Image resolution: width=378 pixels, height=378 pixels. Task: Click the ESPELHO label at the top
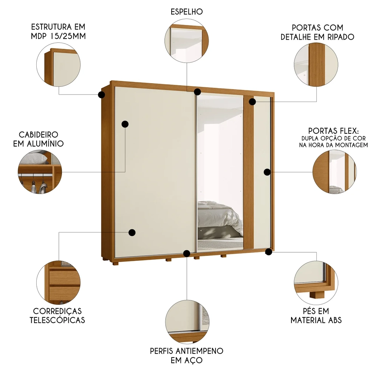[x=186, y=12]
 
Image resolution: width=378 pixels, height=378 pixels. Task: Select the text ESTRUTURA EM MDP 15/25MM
[x=58, y=32]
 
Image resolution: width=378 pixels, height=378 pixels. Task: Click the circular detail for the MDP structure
[x=58, y=65]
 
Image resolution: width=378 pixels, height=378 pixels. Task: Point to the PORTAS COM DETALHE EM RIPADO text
[x=322, y=32]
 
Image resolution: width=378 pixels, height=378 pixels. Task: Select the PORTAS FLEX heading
[x=333, y=131]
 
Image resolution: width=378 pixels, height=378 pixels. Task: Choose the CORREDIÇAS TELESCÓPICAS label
[x=58, y=315]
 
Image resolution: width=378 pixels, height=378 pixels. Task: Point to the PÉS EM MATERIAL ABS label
[x=316, y=315]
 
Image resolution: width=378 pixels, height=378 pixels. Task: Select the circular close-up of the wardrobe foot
[x=315, y=281]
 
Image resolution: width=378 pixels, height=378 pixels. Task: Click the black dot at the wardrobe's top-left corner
[x=101, y=94]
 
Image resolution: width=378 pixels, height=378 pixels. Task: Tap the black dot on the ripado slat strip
[x=252, y=101]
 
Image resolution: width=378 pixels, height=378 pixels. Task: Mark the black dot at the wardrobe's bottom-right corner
[x=269, y=251]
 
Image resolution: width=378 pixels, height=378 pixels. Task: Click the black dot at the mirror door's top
[x=197, y=91]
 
